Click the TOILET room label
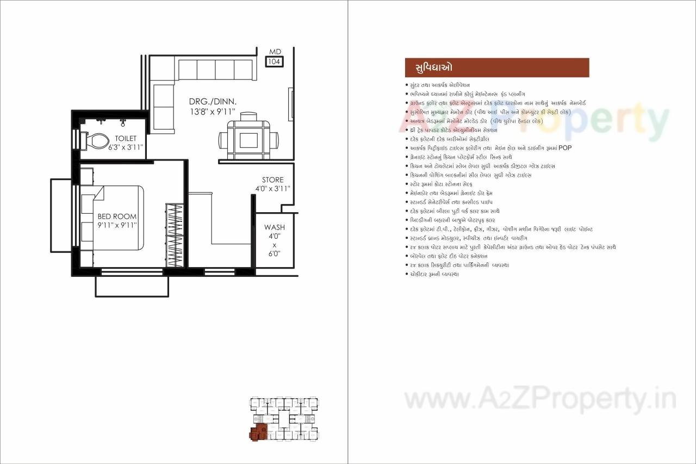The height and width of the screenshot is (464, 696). [126, 139]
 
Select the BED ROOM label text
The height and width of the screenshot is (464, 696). [117, 216]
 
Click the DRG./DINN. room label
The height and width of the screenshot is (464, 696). [213, 102]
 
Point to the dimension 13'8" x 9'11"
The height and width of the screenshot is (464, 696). [212, 111]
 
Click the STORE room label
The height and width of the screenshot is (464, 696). [273, 180]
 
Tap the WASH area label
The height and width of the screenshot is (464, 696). [275, 227]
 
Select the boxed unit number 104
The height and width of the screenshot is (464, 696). [275, 62]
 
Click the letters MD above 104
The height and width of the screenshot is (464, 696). [275, 52]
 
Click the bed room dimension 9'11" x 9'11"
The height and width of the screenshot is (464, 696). [117, 225]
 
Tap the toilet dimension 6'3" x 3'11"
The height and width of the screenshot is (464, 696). [125, 147]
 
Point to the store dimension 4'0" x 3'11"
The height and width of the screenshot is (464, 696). [273, 189]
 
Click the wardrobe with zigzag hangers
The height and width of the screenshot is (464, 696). [174, 235]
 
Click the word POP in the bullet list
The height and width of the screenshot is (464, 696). [565, 148]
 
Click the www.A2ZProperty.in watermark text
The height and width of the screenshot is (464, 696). [540, 400]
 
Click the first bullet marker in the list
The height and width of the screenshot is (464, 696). [407, 85]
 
